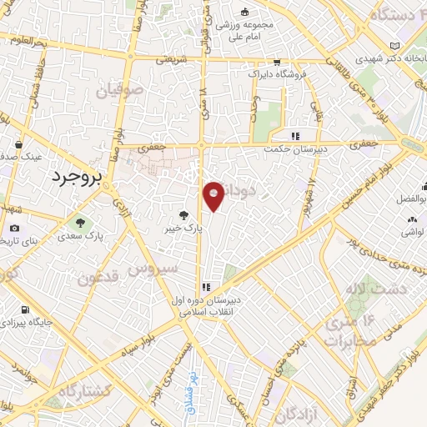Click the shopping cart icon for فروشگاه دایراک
click(x=278, y=62)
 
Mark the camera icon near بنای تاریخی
click(x=14, y=229)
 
